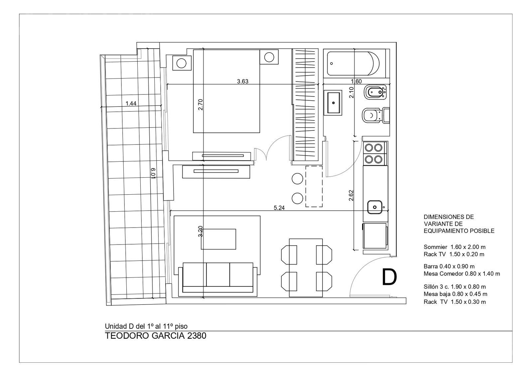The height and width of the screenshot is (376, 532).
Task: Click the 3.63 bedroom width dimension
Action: pos(242,81)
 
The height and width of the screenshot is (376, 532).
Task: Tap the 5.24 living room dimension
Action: pos(279,208)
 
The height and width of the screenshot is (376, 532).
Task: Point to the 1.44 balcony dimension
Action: pos(131,103)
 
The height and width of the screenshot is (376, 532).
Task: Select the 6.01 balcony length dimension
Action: pos(153,173)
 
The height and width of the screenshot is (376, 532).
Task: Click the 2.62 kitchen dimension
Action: pos(351,195)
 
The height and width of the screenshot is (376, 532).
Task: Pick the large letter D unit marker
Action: pos(389,277)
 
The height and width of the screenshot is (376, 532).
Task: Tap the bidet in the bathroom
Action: pos(375,92)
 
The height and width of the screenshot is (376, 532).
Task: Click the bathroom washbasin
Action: pos(333,103)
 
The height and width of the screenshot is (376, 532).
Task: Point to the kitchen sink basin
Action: pos(375,207)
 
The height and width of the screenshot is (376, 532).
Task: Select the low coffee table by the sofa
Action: pos(218,239)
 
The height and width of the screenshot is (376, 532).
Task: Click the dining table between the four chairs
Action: pos(306,268)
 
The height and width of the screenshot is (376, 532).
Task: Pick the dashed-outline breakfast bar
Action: pos(314,186)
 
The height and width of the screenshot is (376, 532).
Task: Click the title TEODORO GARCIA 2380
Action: pos(156,336)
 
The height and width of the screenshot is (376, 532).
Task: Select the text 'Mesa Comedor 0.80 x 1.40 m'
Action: pos(462,274)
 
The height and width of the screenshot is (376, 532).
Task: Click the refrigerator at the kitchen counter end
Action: pos(375,236)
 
